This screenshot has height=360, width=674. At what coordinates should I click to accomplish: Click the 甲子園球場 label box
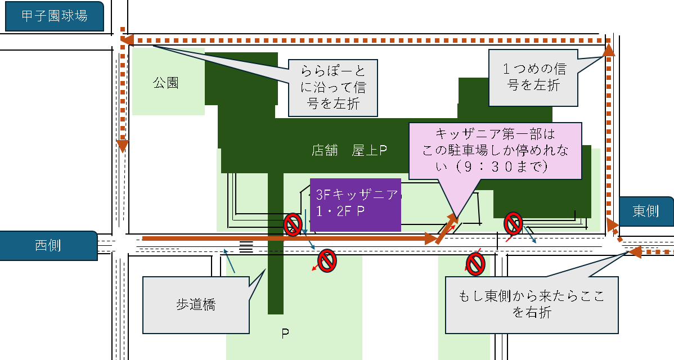[x=54, y=16]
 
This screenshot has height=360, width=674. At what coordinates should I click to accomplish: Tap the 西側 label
[x=48, y=245]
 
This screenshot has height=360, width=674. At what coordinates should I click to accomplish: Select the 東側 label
[x=646, y=211]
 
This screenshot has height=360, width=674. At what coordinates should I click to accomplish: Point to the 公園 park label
[x=165, y=83]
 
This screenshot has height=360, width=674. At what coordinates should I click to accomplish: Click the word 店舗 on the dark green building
[x=325, y=150]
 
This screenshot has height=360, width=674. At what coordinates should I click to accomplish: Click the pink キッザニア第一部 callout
[x=495, y=151]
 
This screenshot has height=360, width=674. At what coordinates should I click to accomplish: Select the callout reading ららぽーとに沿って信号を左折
[x=331, y=87]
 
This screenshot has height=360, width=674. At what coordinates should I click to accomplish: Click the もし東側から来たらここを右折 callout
[x=531, y=304]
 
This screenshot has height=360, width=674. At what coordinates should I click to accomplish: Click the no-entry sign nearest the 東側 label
[x=513, y=223]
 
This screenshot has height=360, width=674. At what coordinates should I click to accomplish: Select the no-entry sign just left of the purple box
[x=293, y=224]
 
